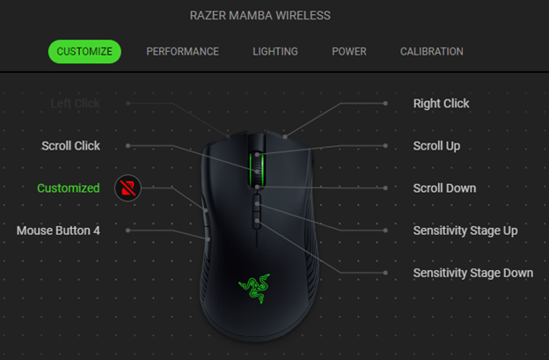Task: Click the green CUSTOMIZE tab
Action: click(x=84, y=51)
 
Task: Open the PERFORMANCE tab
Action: click(x=182, y=51)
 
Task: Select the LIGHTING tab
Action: click(x=274, y=51)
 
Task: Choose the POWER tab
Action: click(x=348, y=51)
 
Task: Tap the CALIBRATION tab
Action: click(x=431, y=51)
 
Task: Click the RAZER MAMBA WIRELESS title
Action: click(x=260, y=16)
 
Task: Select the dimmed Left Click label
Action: click(x=75, y=103)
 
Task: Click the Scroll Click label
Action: click(x=70, y=145)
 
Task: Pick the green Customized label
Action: click(x=68, y=187)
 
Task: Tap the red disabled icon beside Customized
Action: click(x=128, y=187)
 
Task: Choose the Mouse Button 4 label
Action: click(x=58, y=230)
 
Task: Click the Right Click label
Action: click(x=441, y=103)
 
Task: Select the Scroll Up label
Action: click(x=436, y=145)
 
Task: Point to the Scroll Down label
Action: click(x=444, y=187)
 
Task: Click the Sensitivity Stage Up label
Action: click(x=465, y=230)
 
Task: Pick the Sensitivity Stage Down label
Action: click(x=472, y=272)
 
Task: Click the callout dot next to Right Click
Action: click(x=385, y=103)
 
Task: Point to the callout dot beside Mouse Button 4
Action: click(x=128, y=230)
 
